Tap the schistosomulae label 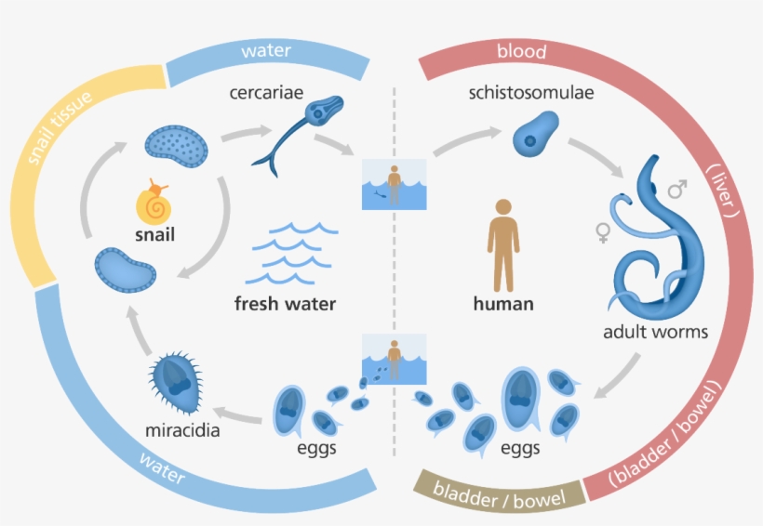click(531, 93)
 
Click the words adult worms click(655, 332)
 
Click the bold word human click(503, 303)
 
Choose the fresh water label click(286, 303)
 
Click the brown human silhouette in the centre click(503, 243)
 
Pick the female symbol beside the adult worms click(602, 230)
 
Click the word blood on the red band click(521, 52)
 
